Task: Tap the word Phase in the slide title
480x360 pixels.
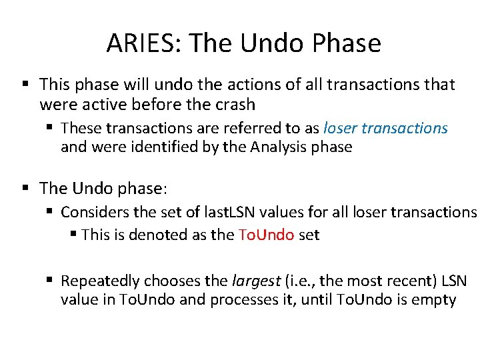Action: tap(347, 43)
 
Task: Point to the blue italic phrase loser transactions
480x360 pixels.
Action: tap(385, 128)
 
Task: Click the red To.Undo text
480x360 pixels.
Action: tap(265, 235)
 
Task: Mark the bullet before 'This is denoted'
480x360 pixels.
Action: tap(73, 235)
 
